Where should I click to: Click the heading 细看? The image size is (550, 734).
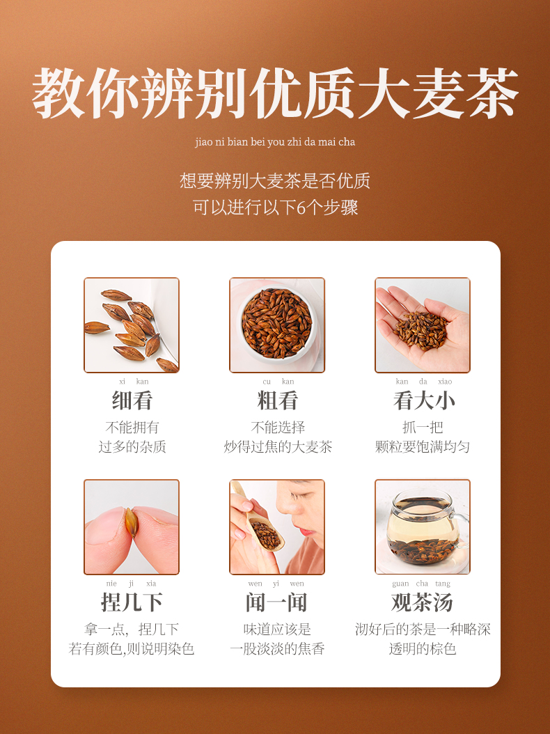coord(132,400)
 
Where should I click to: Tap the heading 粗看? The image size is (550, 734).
coord(277,400)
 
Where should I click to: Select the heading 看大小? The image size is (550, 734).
coord(423,400)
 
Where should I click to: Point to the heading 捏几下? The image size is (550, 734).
coord(132,602)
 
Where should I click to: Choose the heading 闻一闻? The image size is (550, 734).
coord(276,602)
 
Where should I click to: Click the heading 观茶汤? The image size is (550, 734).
coord(422,602)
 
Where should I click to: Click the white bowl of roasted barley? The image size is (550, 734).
coord(277,324)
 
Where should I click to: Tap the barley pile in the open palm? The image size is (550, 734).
coord(420,331)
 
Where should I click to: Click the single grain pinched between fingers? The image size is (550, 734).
coord(131,522)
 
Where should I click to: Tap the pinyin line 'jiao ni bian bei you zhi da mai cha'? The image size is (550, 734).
coord(275,142)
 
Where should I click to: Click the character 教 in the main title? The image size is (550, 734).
coord(58,93)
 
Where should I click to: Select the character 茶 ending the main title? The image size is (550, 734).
coord(492,93)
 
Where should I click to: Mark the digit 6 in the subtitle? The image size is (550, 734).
coord(301,208)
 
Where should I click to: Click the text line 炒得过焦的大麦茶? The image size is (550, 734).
coord(278,446)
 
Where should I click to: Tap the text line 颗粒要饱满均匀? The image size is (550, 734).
coord(422,446)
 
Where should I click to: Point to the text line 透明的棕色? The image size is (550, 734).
coord(422,649)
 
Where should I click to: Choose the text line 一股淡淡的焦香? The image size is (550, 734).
coord(277,649)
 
